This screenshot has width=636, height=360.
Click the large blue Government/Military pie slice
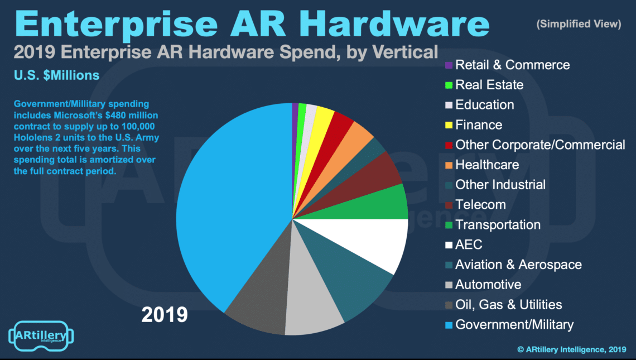[x=229, y=212]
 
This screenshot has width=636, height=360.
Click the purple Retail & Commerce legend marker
[x=448, y=65]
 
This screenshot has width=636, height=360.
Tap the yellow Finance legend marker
[x=448, y=125]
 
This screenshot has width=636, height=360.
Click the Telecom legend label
[x=480, y=205]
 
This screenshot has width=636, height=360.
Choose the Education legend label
[x=484, y=105]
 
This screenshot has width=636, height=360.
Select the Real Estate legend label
[x=489, y=85]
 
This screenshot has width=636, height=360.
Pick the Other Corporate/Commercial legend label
[x=540, y=145]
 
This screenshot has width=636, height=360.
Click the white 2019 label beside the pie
[x=165, y=315]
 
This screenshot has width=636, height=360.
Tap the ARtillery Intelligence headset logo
[x=41, y=336]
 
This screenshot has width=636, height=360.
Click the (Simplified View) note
[x=578, y=24]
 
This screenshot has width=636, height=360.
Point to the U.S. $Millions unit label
[x=56, y=75]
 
